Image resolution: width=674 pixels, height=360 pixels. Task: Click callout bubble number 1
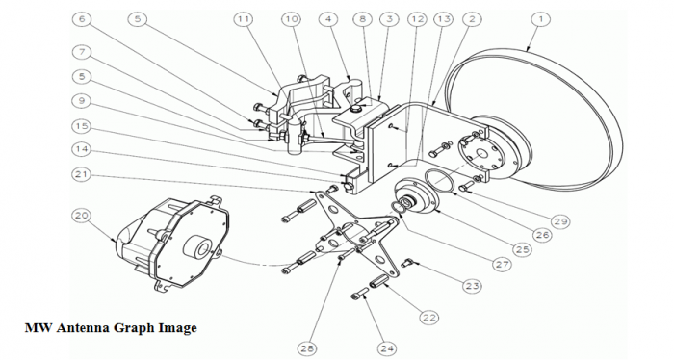(x=541, y=20)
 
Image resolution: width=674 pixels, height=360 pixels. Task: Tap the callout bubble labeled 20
(x=82, y=216)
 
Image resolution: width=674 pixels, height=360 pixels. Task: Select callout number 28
(x=307, y=348)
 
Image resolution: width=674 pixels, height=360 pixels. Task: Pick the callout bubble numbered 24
(x=387, y=348)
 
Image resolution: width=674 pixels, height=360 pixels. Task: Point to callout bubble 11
(x=244, y=20)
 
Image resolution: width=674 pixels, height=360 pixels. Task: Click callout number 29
(x=560, y=221)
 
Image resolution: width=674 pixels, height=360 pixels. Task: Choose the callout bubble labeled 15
(x=82, y=126)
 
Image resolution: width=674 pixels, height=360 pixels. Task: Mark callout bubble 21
(x=82, y=174)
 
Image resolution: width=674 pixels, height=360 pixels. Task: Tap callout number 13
(x=444, y=20)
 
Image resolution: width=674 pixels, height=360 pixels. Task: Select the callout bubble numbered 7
(x=82, y=52)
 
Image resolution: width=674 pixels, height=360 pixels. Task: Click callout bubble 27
(x=502, y=264)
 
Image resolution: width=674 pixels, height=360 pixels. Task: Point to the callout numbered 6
(x=82, y=20)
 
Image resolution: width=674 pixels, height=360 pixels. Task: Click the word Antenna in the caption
(x=84, y=328)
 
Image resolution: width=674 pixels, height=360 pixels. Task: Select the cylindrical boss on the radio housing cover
(x=196, y=247)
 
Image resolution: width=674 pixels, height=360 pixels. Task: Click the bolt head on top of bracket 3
(x=354, y=108)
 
